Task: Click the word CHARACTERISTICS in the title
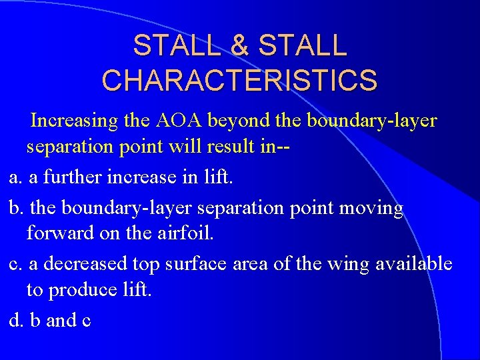[x=239, y=79]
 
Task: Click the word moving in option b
[x=371, y=209]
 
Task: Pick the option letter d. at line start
[x=16, y=321]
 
